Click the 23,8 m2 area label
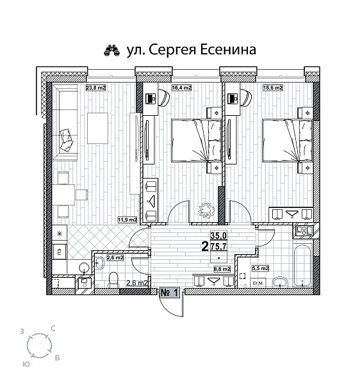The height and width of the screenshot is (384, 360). click(95, 88)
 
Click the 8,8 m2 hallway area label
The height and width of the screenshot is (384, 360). click(222, 270)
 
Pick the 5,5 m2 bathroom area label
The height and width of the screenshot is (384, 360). click(260, 270)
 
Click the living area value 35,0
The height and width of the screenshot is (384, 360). click(219, 236)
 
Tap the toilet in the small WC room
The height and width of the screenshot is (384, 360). click(113, 277)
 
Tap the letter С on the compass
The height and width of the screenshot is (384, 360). click(53, 329)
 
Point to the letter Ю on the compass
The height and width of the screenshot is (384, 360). click(24, 363)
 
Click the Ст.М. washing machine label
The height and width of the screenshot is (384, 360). click(259, 282)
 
